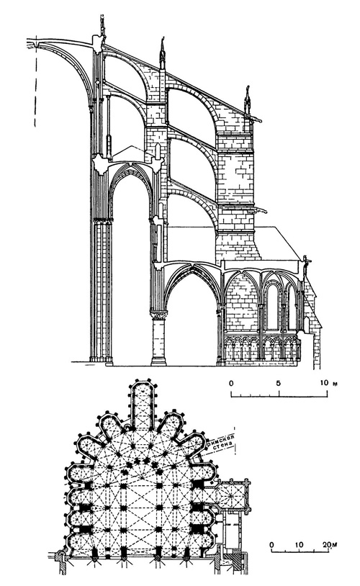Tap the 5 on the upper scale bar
(x=278, y=382)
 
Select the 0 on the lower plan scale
(x=272, y=544)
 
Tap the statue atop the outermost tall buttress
(x=249, y=99)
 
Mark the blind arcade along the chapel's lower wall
(x=262, y=349)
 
